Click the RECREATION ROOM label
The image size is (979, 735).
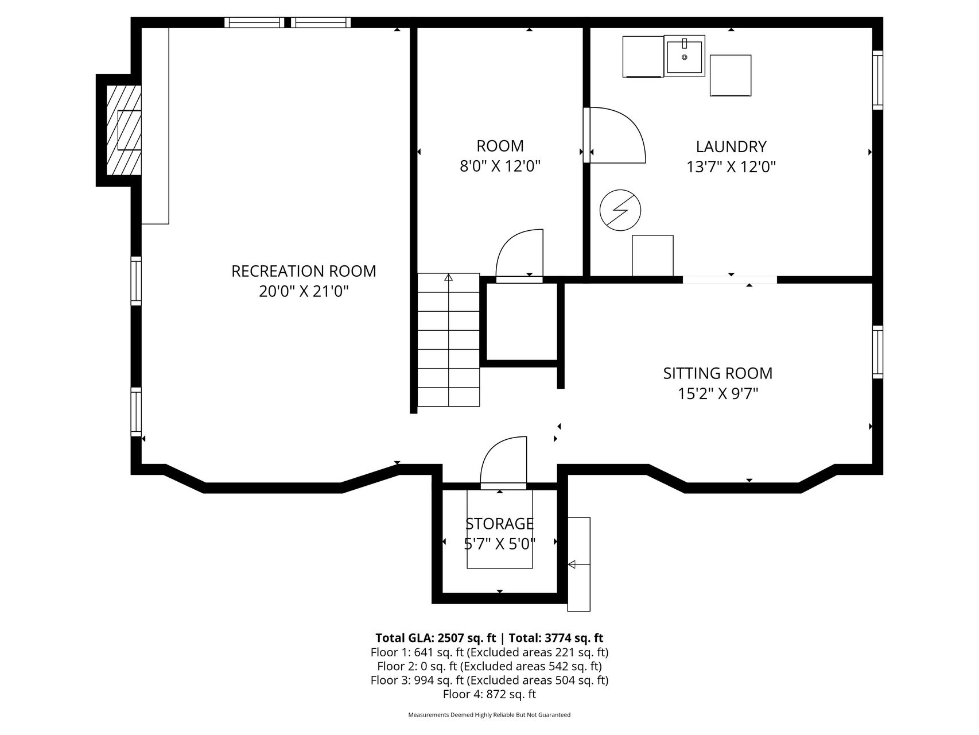(x=304, y=271)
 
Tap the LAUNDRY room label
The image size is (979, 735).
(x=731, y=147)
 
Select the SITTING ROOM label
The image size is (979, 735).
(x=718, y=373)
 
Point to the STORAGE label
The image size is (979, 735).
(x=499, y=524)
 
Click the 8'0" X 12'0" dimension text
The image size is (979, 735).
(x=500, y=167)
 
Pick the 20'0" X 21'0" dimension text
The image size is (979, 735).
(x=304, y=292)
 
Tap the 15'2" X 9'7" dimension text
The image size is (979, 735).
(x=718, y=394)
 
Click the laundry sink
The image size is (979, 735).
(x=685, y=56)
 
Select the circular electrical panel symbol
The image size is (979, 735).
(x=620, y=210)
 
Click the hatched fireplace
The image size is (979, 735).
(x=124, y=130)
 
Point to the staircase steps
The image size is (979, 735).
(x=448, y=340)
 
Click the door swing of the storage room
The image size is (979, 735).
(x=503, y=463)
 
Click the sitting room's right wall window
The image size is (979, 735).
(x=877, y=352)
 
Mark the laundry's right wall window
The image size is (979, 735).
(x=877, y=80)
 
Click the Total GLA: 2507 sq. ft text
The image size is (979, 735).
(x=436, y=638)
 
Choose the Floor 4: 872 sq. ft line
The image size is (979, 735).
(x=489, y=694)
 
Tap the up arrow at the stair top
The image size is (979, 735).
(x=448, y=277)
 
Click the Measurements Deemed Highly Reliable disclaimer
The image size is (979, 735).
(x=489, y=715)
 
